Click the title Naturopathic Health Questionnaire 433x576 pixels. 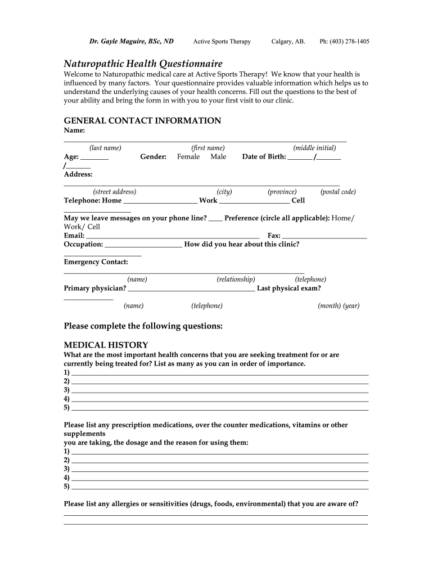point(143,64)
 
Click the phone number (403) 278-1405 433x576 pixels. point(344,42)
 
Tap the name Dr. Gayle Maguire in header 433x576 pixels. point(132,42)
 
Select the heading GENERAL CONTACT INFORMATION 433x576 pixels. point(142,121)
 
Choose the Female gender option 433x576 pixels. point(188,157)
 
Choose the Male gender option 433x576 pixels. point(218,157)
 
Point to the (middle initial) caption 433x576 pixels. point(314,148)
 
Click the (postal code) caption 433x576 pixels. point(338,192)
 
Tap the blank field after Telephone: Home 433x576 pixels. point(160,201)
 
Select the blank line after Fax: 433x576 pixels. point(324,237)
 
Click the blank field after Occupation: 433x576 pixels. point(143,245)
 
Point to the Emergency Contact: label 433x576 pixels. point(96,262)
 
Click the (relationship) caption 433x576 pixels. point(236,280)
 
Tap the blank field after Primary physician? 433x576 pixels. point(191,290)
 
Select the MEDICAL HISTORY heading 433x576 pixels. point(106,345)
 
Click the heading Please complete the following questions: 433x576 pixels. point(143,326)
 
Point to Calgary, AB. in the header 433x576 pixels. point(288,42)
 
